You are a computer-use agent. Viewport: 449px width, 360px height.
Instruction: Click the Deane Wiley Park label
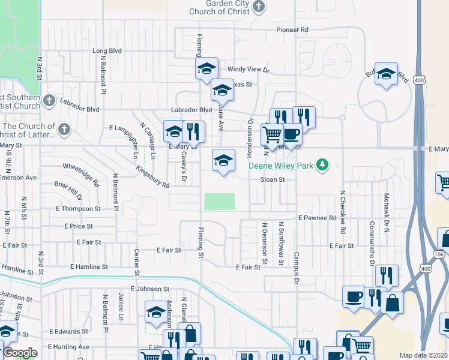pyautogui.click(x=283, y=165)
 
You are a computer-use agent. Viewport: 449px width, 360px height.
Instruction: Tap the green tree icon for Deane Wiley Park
pyautogui.click(x=323, y=164)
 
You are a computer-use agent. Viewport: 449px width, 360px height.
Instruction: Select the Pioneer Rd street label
pyautogui.click(x=292, y=29)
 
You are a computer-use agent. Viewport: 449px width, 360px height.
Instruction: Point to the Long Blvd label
pyautogui.click(x=107, y=51)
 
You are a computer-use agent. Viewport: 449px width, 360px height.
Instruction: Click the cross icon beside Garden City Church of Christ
pyautogui.click(x=258, y=7)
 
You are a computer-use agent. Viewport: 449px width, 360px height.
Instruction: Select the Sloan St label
pyautogui.click(x=272, y=179)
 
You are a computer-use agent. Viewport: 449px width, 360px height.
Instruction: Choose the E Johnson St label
pyautogui.click(x=142, y=289)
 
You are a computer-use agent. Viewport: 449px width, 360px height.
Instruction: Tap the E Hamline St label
pyautogui.click(x=89, y=266)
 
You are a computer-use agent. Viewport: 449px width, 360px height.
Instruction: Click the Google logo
pyautogui.click(x=20, y=353)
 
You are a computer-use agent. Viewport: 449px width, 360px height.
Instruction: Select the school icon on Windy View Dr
pyautogui.click(x=206, y=68)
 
